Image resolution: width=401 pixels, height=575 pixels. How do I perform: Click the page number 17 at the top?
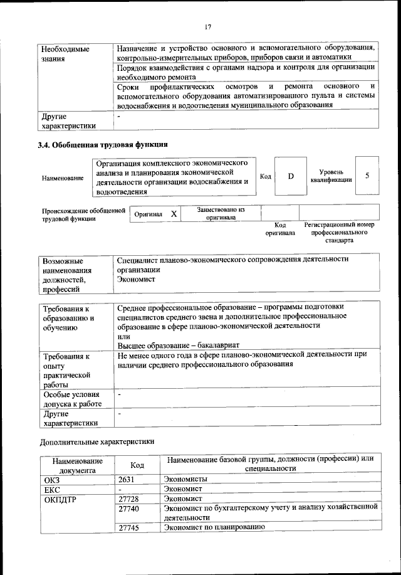click(x=208, y=26)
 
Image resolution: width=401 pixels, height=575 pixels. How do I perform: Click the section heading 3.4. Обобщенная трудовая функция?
click(x=103, y=145)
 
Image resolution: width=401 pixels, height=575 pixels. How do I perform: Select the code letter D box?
click(x=291, y=176)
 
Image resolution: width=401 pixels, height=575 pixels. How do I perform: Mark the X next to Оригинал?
click(x=174, y=214)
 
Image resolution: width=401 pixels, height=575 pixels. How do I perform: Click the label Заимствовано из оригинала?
click(x=221, y=214)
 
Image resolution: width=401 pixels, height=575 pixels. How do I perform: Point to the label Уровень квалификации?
click(x=330, y=176)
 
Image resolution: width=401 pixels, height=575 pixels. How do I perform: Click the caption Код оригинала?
click(x=280, y=229)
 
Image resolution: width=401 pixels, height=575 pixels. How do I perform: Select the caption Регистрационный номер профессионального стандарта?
click(x=338, y=232)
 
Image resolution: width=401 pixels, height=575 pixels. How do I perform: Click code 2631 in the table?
click(x=128, y=480)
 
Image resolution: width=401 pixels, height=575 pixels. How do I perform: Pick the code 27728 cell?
click(x=132, y=500)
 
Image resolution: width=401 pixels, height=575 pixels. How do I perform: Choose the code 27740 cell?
click(x=132, y=510)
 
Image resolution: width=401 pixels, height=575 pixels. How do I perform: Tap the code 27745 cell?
click(x=132, y=528)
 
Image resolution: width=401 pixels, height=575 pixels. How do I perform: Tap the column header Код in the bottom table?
click(x=137, y=465)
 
